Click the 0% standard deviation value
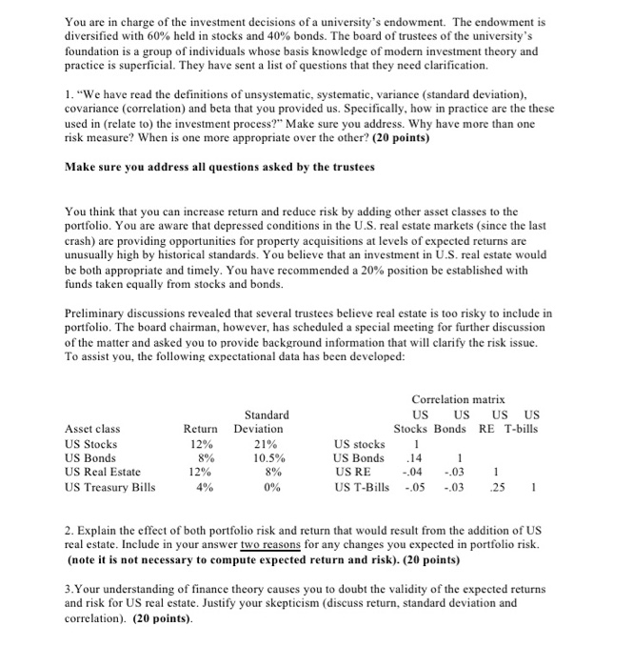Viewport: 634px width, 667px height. (267, 488)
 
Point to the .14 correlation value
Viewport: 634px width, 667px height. (414, 458)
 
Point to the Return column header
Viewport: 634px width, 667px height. (201, 429)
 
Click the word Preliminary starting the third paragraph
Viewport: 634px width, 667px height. (98, 311)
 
